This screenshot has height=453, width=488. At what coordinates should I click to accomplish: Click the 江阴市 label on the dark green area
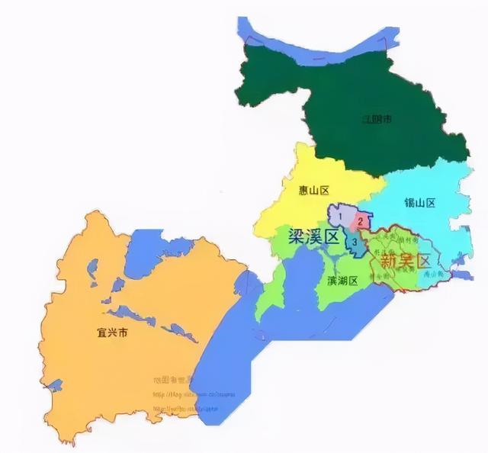[377, 119]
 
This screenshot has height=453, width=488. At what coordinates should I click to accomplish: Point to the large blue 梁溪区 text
[313, 236]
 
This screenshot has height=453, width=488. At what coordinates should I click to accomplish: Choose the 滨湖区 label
[343, 281]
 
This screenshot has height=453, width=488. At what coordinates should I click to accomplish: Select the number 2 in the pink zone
[359, 221]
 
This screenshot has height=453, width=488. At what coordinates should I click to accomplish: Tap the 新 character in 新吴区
[387, 261]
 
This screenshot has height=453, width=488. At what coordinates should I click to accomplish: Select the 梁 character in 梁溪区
[297, 236]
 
